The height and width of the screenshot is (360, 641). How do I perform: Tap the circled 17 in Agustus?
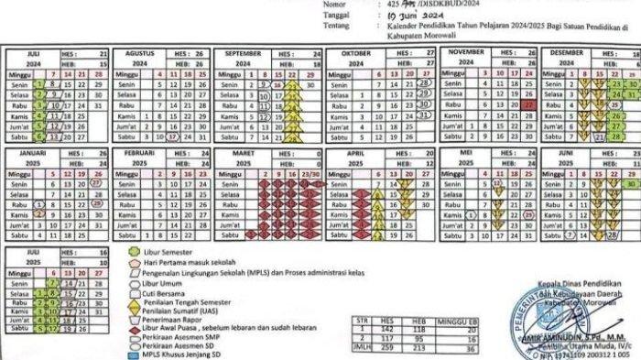click(171, 136)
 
